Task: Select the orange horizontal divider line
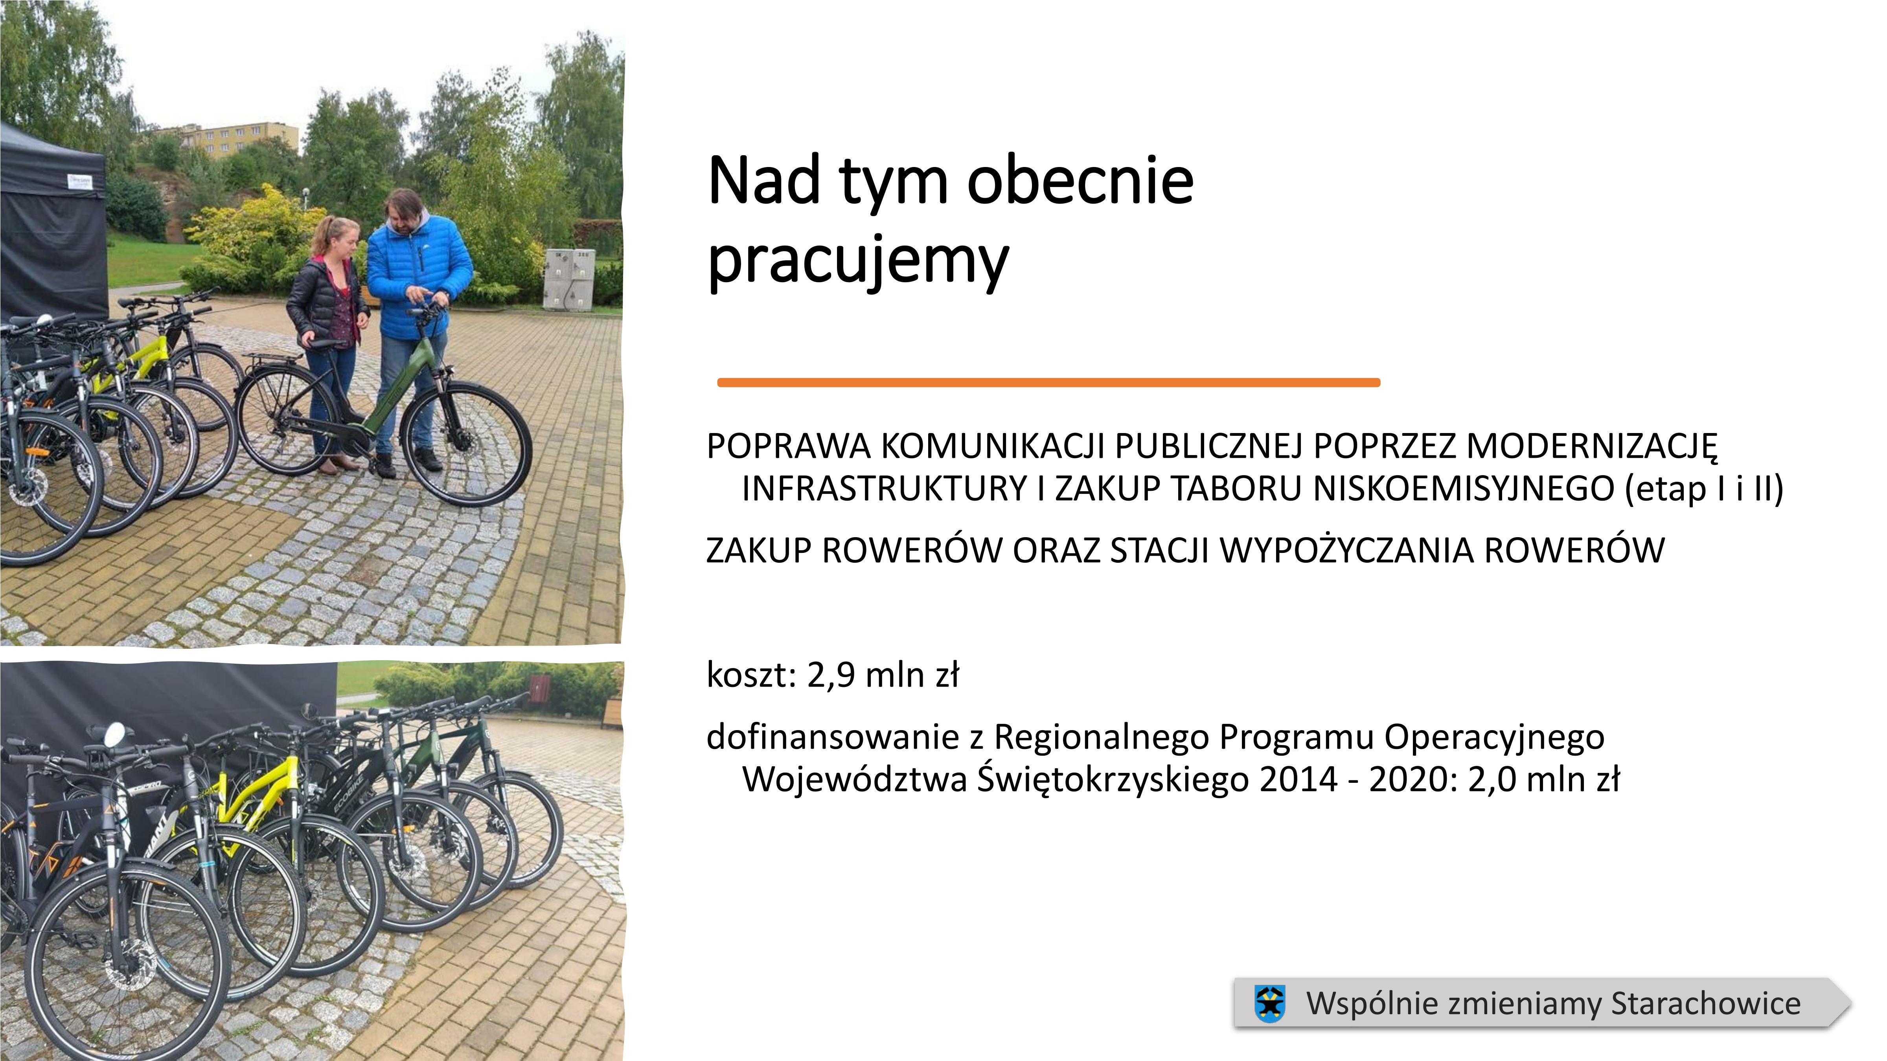pos(1048,382)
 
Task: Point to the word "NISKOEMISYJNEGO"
pos(1464,488)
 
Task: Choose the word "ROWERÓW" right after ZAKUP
pos(912,551)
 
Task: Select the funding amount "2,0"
pos(1492,779)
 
